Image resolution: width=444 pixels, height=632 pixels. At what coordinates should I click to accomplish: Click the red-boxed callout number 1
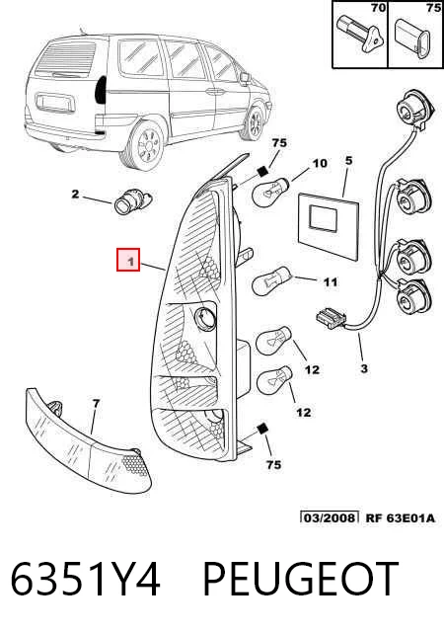[x=128, y=260]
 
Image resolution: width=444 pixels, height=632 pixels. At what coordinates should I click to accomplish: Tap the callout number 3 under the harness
[x=364, y=368]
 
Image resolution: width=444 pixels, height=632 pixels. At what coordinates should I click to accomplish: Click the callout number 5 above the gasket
[x=348, y=160]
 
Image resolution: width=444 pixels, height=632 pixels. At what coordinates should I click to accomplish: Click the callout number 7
[x=96, y=403]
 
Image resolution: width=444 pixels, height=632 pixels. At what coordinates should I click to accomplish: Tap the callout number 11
[x=331, y=281]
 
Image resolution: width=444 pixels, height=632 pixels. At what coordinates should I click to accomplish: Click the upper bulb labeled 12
[x=274, y=339]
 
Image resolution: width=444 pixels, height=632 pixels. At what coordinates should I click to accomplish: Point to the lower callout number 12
[x=303, y=412]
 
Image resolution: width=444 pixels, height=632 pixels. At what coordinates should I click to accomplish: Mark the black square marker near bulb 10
[x=262, y=172]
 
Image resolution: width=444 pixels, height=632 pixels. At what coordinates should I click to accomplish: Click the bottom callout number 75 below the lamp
[x=273, y=465]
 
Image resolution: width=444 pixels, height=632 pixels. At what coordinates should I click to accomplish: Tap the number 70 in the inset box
[x=378, y=8]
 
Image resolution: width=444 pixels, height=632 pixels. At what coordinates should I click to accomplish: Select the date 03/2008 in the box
[x=330, y=517]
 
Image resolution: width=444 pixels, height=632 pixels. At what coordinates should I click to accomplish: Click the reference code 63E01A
[x=411, y=518]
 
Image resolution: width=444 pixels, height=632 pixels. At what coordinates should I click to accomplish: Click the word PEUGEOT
[x=300, y=579]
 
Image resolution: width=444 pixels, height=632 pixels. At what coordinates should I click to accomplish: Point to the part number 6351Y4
[x=86, y=579]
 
